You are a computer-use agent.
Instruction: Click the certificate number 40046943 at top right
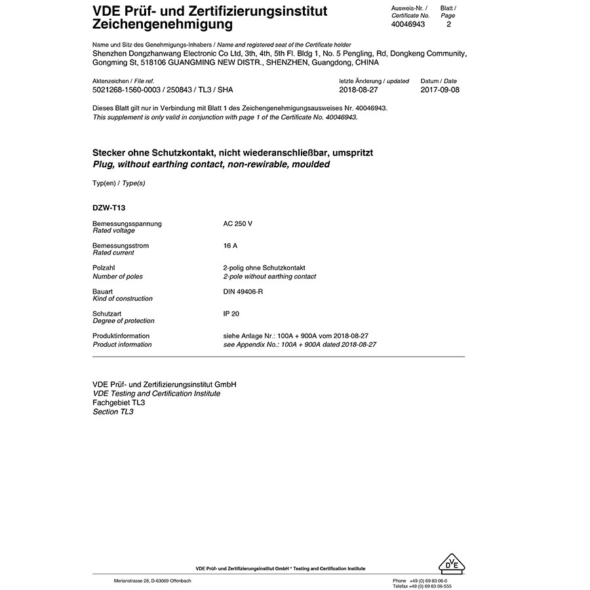tap(408, 24)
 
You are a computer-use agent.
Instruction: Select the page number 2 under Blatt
tap(448, 24)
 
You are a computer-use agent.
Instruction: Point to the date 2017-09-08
tap(440, 90)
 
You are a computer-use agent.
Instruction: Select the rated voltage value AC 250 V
tap(237, 224)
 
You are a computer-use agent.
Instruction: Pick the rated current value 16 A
tap(230, 246)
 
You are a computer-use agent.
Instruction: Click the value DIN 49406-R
tap(243, 290)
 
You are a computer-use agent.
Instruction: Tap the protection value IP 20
tap(231, 314)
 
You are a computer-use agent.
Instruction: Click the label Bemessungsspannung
tap(127, 224)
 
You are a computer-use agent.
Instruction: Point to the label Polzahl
tap(105, 268)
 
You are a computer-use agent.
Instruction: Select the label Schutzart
tap(108, 314)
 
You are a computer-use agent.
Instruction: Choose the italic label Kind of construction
tap(123, 298)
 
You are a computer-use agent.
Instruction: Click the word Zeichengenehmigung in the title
tap(163, 25)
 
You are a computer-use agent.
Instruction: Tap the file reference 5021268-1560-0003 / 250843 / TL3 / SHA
tap(163, 90)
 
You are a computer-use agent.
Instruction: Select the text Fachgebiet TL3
tap(119, 403)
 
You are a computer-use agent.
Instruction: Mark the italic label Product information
tap(122, 344)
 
